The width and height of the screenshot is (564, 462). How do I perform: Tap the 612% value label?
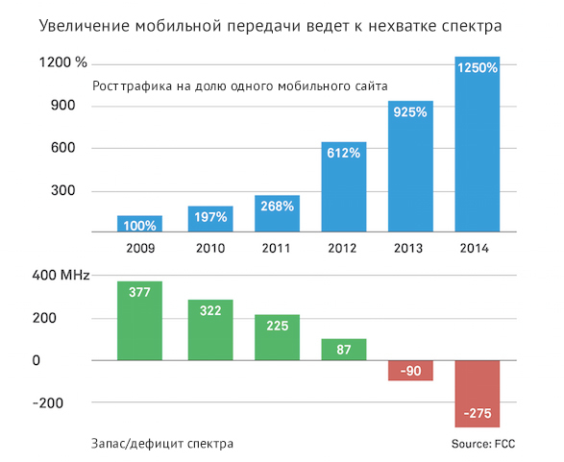[342, 153]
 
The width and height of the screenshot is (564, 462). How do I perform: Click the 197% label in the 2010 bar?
[208, 217]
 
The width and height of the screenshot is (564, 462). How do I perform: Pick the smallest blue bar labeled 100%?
[140, 225]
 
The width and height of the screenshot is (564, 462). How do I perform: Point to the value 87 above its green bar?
[343, 351]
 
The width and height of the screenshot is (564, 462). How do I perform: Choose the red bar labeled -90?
[409, 371]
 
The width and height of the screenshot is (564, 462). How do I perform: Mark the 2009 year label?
[140, 248]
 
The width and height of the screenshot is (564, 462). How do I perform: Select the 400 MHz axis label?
[61, 276]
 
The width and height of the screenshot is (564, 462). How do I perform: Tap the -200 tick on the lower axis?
[48, 403]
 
